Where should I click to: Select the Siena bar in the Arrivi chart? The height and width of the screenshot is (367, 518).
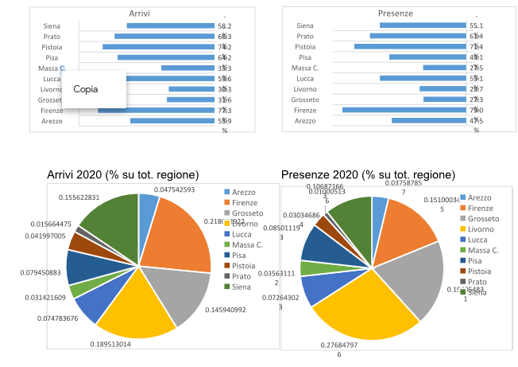click(x=171, y=26)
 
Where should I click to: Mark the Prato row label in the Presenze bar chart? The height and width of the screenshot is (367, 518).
click(x=305, y=37)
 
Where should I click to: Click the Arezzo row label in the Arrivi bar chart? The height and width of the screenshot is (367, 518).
click(x=52, y=121)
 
